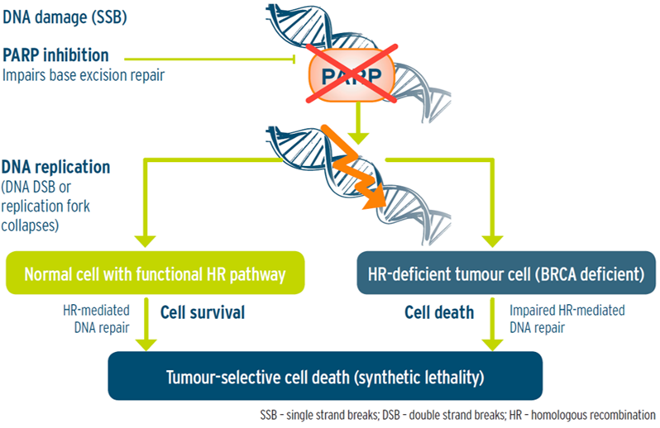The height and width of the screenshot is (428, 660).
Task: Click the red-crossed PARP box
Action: pyautogui.click(x=352, y=75)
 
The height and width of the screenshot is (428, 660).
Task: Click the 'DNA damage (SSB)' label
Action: pyautogui.click(x=65, y=17)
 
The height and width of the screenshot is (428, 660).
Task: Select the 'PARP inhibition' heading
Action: pyautogui.click(x=55, y=55)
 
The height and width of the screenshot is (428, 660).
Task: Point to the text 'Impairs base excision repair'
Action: pyautogui.click(x=84, y=75)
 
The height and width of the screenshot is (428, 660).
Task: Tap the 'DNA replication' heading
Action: pyautogui.click(x=55, y=167)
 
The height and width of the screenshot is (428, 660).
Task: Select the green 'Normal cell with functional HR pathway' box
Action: pyautogui.click(x=155, y=273)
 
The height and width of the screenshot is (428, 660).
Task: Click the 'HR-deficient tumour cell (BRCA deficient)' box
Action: pyautogui.click(x=506, y=273)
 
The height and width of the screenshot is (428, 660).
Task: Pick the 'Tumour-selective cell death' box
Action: pyautogui.click(x=325, y=376)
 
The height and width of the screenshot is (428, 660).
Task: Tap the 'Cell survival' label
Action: pyautogui.click(x=203, y=312)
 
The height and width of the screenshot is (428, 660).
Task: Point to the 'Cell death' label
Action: pyautogui.click(x=439, y=312)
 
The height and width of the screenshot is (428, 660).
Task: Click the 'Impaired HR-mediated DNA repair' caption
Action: pyautogui.click(x=567, y=319)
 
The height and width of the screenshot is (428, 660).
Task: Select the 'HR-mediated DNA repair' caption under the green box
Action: pyautogui.click(x=97, y=319)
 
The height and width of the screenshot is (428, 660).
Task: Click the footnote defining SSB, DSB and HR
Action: pyautogui.click(x=457, y=415)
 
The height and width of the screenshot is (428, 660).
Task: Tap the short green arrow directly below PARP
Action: pyautogui.click(x=358, y=124)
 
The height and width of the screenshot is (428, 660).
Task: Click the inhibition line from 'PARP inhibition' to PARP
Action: pyautogui.click(x=209, y=59)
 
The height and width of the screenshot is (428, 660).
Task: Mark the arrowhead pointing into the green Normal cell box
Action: pyautogui.click(x=146, y=241)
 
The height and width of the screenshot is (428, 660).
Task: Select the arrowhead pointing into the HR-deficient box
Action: pyautogui.click(x=492, y=241)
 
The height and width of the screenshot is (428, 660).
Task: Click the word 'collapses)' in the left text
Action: pyautogui.click(x=30, y=226)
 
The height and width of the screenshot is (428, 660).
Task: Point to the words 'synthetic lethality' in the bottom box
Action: pyautogui.click(x=419, y=377)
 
